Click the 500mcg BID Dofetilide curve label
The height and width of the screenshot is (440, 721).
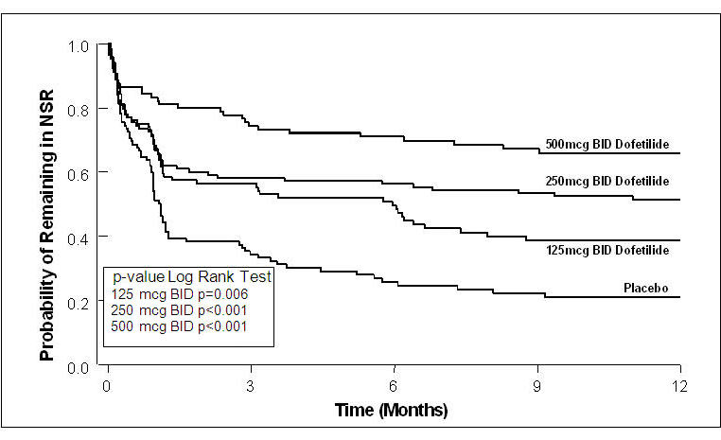pos(607,146)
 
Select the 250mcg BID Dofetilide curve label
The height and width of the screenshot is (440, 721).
pos(607,180)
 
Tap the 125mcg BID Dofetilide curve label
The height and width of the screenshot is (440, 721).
pos(607,250)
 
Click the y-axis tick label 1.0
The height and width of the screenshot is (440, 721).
pos(79,45)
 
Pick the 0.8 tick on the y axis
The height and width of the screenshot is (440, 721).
pos(79,109)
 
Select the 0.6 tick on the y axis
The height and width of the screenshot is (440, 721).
pos(79,172)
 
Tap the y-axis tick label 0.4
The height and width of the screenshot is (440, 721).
pos(79,237)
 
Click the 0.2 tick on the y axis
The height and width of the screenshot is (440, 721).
pos(79,301)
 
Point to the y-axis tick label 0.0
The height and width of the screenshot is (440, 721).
pos(79,365)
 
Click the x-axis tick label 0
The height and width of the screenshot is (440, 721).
pos(108,386)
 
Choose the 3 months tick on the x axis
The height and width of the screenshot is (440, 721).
pos(251,386)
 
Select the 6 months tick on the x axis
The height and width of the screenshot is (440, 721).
pos(395,386)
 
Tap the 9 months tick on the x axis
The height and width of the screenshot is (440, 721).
pos(537,386)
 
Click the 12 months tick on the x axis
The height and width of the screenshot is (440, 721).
pos(680,386)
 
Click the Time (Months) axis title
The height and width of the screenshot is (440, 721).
pos(391,411)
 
